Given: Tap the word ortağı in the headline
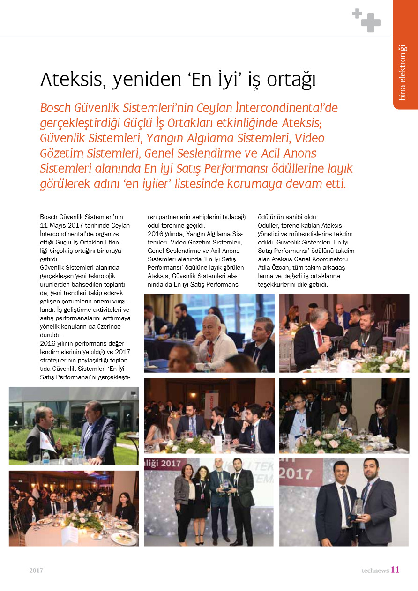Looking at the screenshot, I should [x=291, y=81].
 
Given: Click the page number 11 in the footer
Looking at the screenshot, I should [x=395, y=569].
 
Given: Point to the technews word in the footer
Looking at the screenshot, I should [x=375, y=570].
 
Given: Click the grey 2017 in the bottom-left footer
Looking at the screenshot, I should [x=36, y=570].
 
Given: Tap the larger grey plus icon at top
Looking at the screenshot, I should [x=371, y=22].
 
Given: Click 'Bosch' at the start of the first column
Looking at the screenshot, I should [x=50, y=217].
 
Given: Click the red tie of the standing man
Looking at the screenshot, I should [x=319, y=338].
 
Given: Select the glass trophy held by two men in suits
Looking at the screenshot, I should [x=358, y=507].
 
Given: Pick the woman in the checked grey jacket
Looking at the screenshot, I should [x=184, y=496].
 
